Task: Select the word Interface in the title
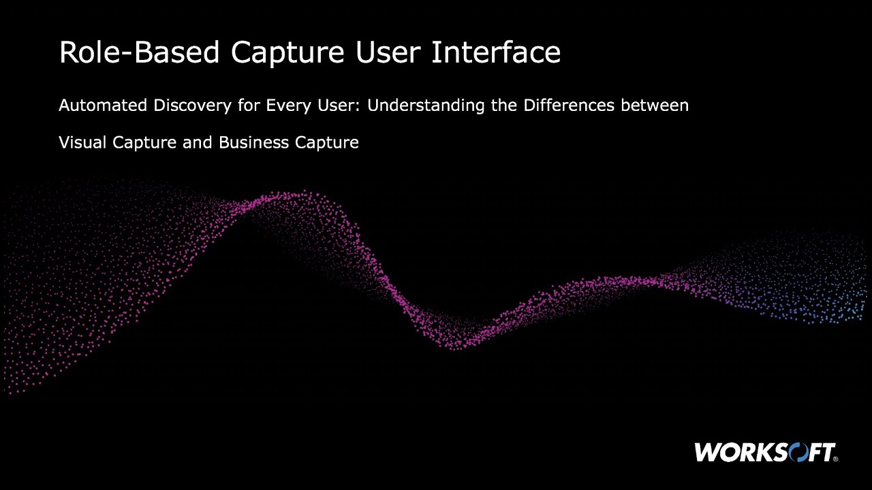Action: click(495, 53)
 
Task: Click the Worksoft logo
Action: click(765, 452)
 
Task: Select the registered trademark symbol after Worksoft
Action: click(835, 459)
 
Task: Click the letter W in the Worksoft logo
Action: click(707, 452)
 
